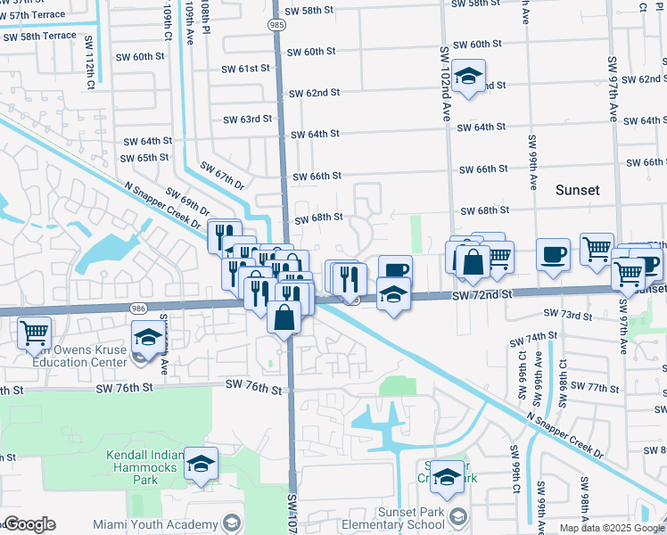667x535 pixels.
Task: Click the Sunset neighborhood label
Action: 577,190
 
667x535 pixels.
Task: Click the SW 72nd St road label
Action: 482,294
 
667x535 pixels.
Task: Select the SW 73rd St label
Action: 568,315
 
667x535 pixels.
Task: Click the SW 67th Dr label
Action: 221,176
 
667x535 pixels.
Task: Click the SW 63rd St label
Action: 247,119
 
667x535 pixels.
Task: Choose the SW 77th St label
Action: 594,387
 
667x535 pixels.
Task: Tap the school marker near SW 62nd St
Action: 466,76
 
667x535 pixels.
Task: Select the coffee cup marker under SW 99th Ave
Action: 553,255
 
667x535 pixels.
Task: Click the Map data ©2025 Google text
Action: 611,528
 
